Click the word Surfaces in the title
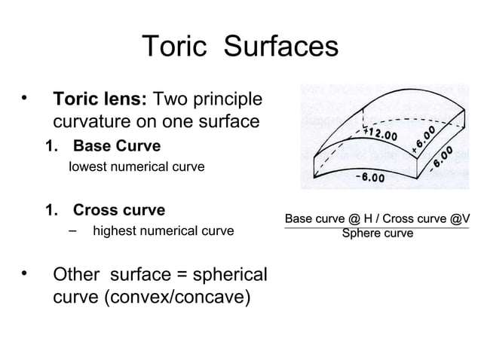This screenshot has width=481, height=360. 282,47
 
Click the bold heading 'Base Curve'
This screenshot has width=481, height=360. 116,144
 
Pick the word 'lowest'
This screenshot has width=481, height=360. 87,166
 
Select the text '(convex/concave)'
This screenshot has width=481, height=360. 152,297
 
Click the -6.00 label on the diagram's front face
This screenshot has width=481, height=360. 369,178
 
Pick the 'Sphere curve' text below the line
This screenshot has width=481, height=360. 377,233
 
